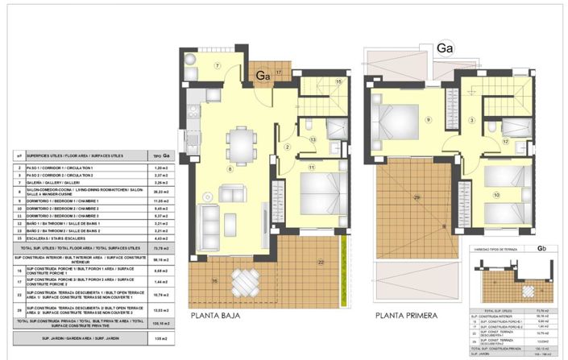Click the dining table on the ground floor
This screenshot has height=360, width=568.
238,146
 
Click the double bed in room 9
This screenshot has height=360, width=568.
394,120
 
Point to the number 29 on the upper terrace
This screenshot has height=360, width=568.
417,197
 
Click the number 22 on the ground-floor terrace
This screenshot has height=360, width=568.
320,263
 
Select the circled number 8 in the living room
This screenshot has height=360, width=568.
230,169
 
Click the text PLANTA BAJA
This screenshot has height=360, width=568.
219,316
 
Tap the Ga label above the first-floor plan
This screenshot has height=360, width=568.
445,48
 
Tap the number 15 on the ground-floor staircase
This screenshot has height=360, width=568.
338,81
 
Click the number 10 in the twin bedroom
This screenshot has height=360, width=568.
497,195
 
